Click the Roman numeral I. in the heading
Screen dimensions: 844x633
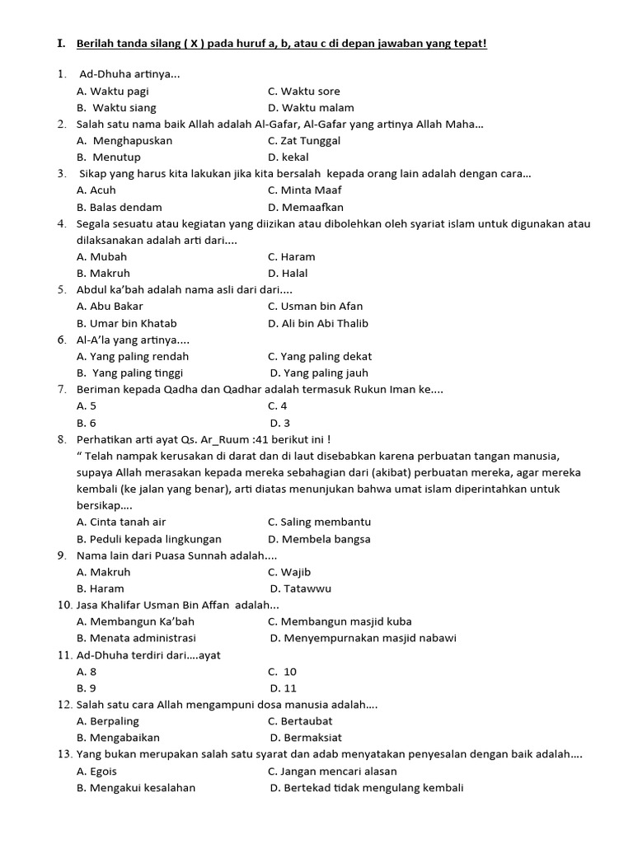point(61,43)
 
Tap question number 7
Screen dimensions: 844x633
point(62,389)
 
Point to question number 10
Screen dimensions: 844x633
point(64,605)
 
